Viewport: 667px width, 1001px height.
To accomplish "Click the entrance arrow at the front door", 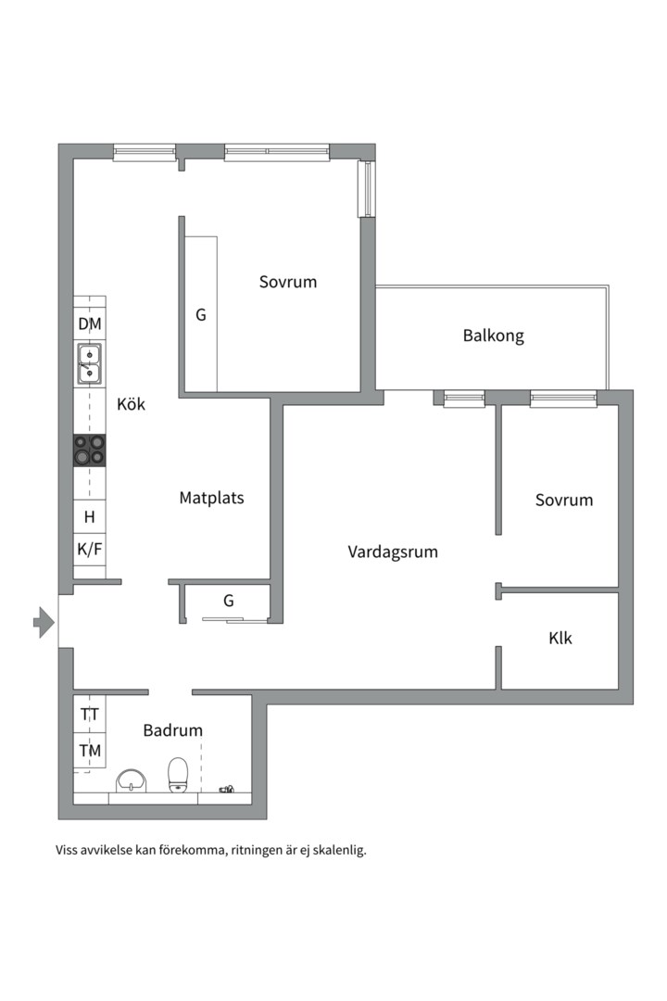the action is coord(44,622).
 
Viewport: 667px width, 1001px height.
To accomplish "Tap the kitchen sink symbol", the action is coord(89,364).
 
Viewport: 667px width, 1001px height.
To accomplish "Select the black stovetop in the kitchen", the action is coord(89,450).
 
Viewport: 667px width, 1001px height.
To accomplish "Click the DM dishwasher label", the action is coord(90,324).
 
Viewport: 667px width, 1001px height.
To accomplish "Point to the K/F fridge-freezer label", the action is coord(89,549).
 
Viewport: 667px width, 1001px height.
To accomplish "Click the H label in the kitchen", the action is coord(89,516).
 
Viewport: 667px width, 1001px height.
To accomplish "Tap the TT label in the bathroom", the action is coord(90,714).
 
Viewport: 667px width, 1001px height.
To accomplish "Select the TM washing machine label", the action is coord(90,751).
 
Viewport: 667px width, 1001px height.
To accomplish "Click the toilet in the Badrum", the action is coord(178,775).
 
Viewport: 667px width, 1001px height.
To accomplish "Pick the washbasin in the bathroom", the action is coord(132,780).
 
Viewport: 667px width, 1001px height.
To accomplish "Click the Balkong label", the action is coord(494,336).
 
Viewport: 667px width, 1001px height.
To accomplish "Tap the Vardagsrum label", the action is coord(393,552).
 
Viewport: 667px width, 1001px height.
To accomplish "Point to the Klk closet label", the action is coord(560,638).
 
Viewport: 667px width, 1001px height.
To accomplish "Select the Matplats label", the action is coord(211,498).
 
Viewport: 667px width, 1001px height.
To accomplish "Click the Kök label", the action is coord(131,404).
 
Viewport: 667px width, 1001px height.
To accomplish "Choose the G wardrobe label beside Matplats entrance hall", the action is coord(229,601).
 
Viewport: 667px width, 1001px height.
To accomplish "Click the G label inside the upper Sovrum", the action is coord(200,315).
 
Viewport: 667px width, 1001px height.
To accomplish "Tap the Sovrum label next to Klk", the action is coord(564,500).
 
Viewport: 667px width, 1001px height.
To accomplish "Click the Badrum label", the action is coord(172,730).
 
